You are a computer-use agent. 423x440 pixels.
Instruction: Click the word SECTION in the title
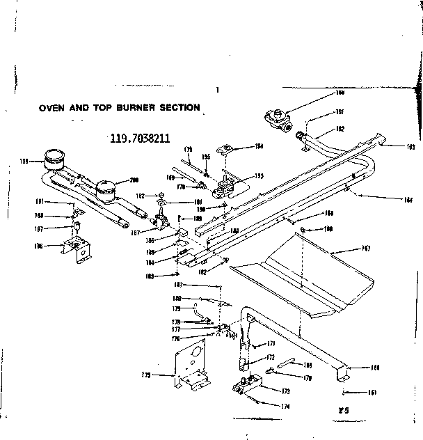click(179, 108)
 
